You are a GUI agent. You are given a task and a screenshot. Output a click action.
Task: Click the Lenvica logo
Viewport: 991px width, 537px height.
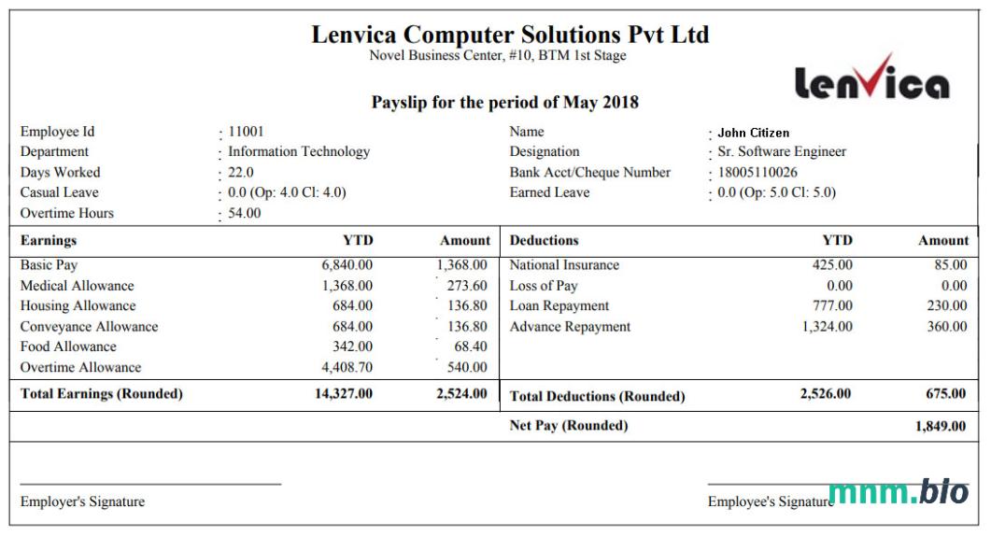[x=871, y=78]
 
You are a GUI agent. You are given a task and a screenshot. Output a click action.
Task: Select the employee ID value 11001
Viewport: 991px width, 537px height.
[x=246, y=132]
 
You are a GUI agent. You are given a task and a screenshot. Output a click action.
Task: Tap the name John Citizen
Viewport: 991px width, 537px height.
[x=753, y=133]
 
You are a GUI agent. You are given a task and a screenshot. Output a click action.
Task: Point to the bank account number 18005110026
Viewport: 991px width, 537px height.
[x=757, y=173]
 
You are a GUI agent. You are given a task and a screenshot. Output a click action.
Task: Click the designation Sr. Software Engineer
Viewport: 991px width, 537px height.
[x=782, y=152]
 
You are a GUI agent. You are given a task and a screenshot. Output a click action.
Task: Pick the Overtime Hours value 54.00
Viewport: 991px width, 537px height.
[x=245, y=213]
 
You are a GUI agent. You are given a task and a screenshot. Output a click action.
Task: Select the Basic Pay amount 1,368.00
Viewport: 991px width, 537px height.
[x=461, y=265]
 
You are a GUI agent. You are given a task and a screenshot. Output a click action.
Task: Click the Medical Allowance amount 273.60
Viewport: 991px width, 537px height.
[x=467, y=286]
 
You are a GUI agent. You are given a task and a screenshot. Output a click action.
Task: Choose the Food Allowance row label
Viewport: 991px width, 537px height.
[x=68, y=346]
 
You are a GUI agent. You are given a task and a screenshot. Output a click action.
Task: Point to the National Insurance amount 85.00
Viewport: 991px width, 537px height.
[x=950, y=265]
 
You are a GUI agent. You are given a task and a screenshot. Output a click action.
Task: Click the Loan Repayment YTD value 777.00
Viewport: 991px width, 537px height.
[x=832, y=306]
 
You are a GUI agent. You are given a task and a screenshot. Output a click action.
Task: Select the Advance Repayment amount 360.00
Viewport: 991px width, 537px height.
[x=946, y=327]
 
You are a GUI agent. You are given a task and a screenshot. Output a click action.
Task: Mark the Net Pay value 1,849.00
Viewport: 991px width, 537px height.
[x=941, y=427]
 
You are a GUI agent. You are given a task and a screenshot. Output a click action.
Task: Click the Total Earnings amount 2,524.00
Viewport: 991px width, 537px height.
[x=461, y=393]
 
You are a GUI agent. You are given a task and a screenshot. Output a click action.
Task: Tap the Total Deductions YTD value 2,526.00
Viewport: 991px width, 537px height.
[x=826, y=394]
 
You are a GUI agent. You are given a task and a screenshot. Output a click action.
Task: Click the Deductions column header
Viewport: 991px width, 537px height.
[x=545, y=241]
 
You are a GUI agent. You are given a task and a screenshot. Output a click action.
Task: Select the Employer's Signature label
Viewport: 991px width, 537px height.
[x=82, y=502]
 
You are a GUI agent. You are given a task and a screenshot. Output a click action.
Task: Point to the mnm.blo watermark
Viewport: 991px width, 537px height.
[x=898, y=492]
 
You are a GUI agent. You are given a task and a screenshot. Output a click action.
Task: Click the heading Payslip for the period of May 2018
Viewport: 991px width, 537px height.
[x=504, y=103]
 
